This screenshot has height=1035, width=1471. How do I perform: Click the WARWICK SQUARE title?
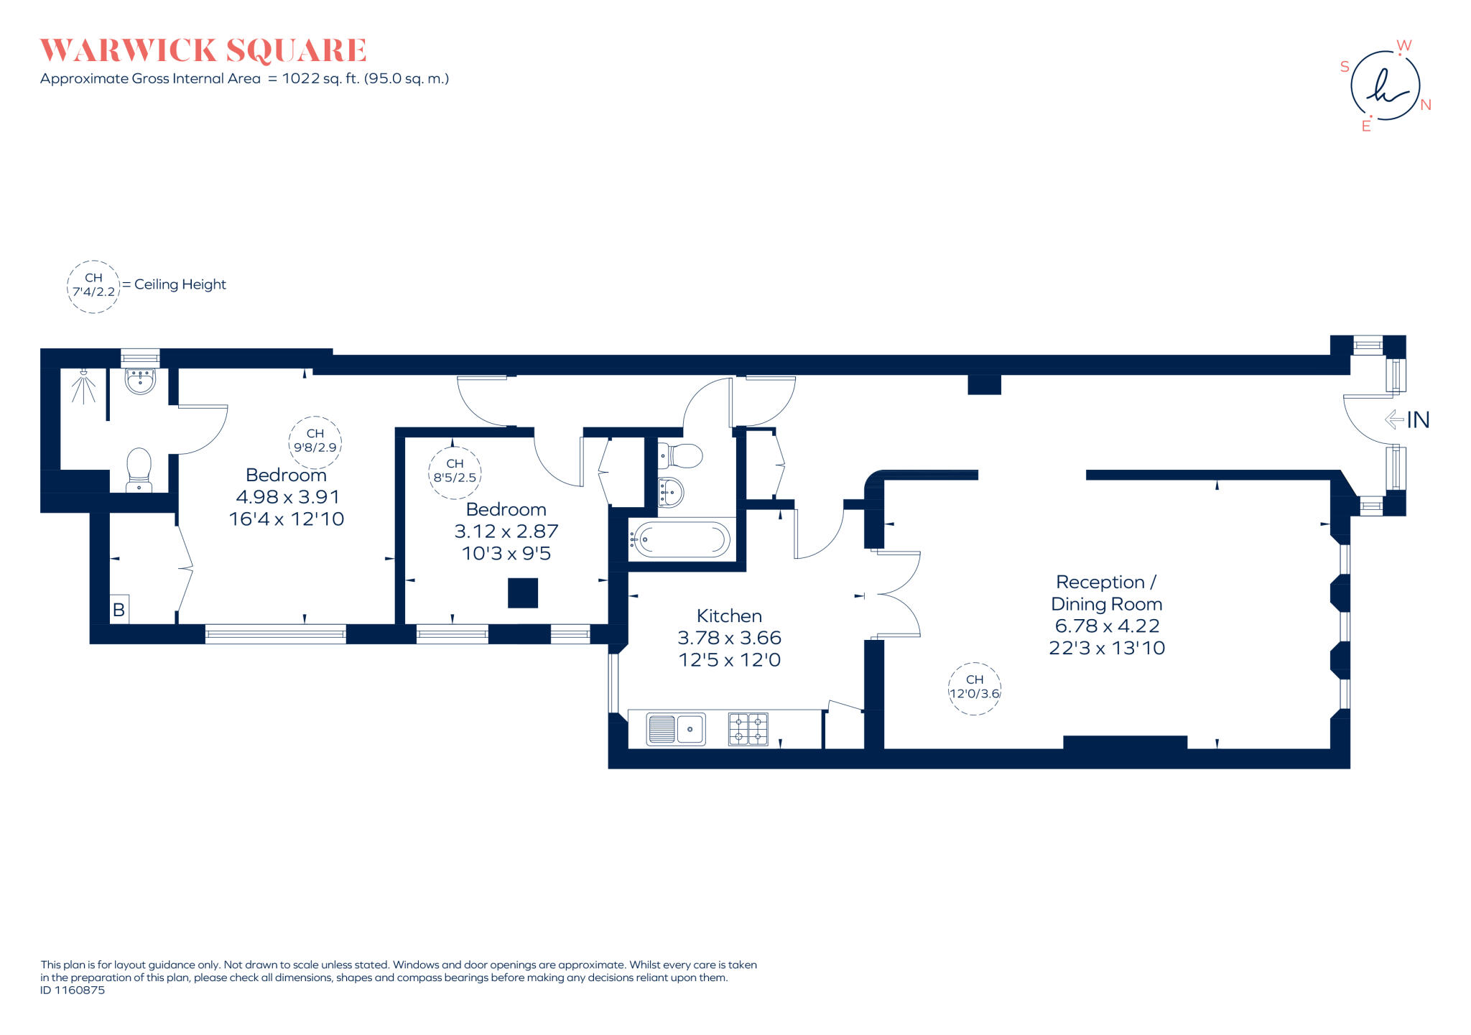[x=203, y=51]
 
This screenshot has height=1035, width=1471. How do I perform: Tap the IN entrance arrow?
[x=1395, y=419]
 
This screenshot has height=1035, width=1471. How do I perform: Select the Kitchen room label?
[x=729, y=616]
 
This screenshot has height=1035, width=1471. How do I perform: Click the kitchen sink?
[x=676, y=729]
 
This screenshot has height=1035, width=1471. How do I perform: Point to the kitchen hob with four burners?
[x=748, y=729]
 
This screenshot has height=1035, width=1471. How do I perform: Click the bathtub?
[x=681, y=539]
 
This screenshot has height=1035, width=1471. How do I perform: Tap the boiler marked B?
[x=119, y=610]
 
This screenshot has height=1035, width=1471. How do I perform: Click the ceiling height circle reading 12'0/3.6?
[x=975, y=688]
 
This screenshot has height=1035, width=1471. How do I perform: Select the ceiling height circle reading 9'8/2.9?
[x=315, y=441]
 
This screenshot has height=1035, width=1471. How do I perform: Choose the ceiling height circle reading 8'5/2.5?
[x=455, y=471]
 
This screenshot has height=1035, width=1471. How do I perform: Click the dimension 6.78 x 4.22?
[x=1107, y=626]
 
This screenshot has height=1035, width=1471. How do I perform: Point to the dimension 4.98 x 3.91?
[x=287, y=497]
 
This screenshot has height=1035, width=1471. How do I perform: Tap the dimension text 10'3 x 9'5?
[x=506, y=554]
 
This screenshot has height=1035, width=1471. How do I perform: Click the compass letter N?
[x=1426, y=105]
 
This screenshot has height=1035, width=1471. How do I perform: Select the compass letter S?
[x=1345, y=67]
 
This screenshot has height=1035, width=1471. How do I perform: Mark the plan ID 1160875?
[x=73, y=990]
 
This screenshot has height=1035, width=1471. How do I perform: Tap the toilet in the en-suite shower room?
[x=139, y=468]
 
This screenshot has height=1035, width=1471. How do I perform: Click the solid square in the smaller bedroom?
[x=523, y=593]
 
